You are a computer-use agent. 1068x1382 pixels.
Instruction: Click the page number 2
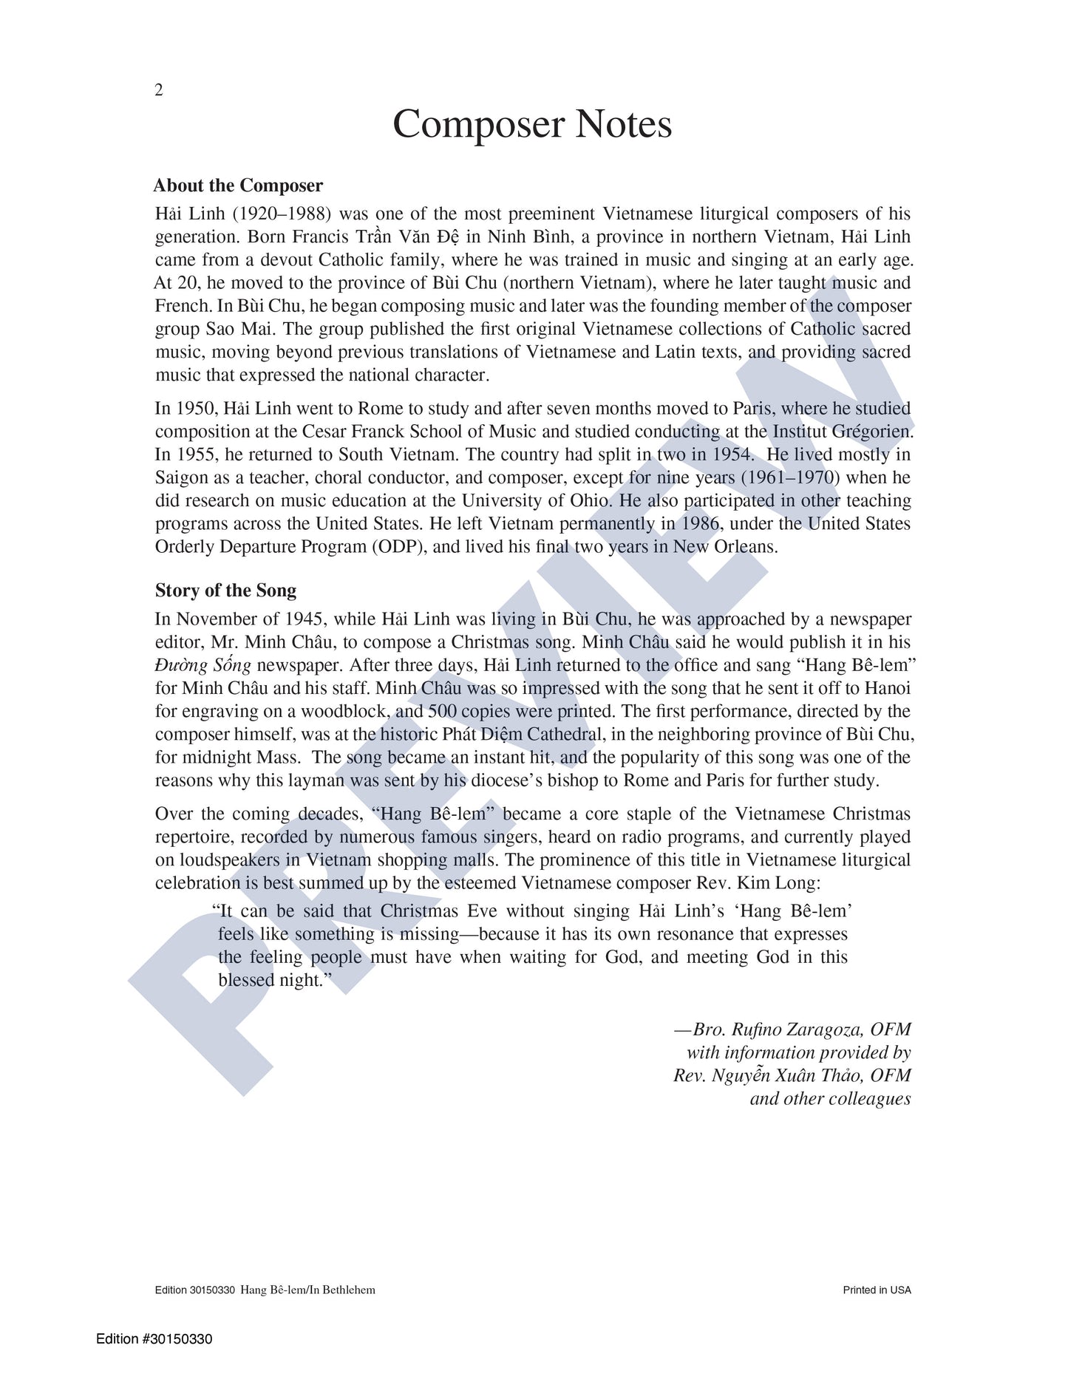click(x=158, y=90)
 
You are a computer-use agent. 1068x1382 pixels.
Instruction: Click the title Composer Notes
click(x=532, y=124)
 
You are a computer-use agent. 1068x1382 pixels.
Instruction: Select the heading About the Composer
click(x=238, y=185)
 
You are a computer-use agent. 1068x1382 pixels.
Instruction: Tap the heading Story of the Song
click(x=225, y=590)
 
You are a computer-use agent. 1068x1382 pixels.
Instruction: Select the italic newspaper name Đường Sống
click(x=203, y=665)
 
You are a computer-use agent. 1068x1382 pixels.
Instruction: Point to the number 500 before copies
click(x=443, y=712)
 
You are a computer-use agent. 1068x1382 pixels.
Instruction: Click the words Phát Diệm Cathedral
click(x=528, y=735)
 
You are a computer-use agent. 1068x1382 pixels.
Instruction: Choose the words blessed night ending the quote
click(x=271, y=981)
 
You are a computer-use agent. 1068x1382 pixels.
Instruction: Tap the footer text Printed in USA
click(x=877, y=1290)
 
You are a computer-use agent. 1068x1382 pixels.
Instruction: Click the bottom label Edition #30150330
click(x=154, y=1339)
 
